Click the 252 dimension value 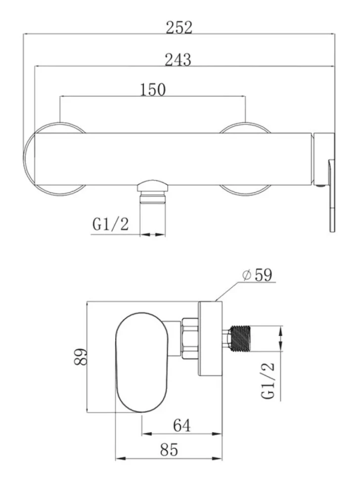(x=179, y=27)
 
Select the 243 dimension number (x=178, y=60)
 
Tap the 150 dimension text (x=153, y=90)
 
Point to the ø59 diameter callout (x=257, y=275)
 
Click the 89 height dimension (x=81, y=356)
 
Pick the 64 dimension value (x=181, y=426)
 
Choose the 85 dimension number (x=169, y=450)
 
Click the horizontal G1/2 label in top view (x=110, y=224)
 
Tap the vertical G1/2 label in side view (x=268, y=381)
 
